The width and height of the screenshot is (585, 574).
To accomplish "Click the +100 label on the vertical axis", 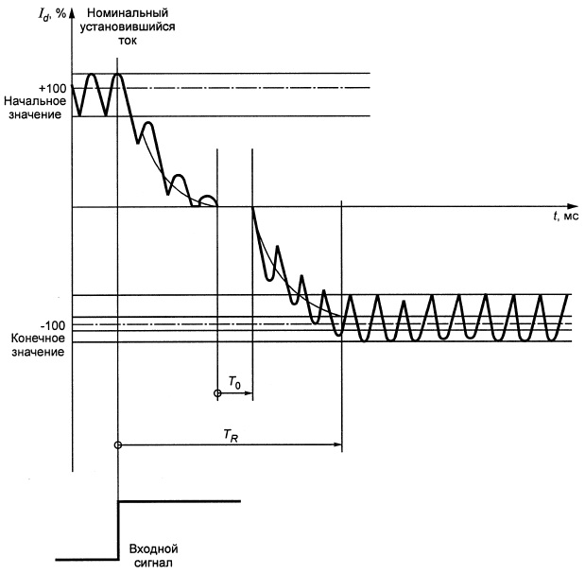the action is (53, 89).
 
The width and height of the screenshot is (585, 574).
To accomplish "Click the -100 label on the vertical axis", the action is (53, 326).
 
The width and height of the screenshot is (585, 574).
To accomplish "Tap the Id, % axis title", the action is (52, 14).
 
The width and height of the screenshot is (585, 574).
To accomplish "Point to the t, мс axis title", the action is (566, 217).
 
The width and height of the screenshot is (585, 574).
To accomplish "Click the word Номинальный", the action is (128, 13).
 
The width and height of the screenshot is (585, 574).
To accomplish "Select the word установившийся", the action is (128, 26).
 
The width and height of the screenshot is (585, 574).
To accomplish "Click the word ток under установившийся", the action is (128, 41).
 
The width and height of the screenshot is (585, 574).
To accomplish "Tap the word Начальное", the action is (35, 101).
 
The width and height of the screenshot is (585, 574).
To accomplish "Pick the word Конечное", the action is (38, 339).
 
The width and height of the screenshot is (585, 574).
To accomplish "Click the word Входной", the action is (153, 549).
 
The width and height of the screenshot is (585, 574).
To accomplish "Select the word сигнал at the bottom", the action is (153, 563).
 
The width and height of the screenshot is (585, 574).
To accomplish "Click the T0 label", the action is (234, 383).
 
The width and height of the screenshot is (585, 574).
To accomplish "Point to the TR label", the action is (231, 436).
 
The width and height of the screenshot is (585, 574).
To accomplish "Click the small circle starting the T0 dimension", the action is (217, 393).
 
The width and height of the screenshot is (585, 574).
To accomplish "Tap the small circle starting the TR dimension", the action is (118, 444).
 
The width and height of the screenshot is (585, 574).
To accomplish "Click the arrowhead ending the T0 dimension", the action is (249, 393).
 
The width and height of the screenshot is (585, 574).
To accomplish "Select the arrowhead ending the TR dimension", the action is (338, 444).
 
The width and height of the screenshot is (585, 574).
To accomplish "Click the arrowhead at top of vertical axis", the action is (73, 13).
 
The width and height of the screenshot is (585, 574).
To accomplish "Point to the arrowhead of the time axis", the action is (573, 206).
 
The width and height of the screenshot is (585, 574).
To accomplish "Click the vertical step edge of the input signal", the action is (119, 531).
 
